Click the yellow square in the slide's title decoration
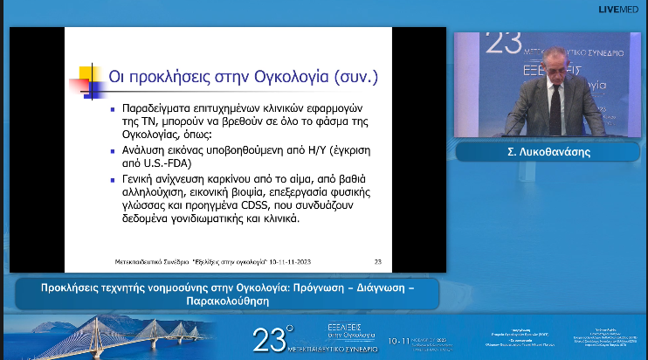click(x=86, y=72)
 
